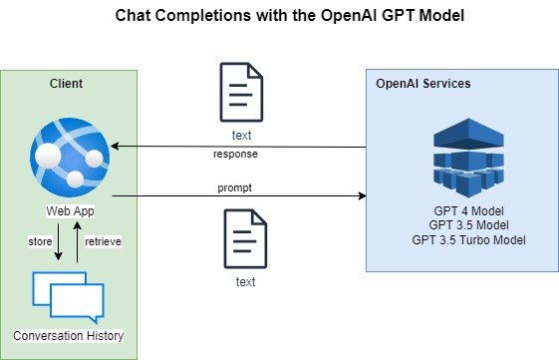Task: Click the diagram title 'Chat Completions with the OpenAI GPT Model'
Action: (290, 16)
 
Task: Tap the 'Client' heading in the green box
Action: (67, 84)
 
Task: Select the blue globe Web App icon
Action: (70, 158)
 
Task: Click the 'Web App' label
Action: (70, 210)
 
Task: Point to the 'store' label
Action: (40, 241)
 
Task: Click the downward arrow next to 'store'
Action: (59, 242)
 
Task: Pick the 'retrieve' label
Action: (103, 241)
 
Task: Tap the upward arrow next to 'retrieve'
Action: (77, 242)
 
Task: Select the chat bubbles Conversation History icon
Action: (68, 297)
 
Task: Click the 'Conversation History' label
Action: (69, 336)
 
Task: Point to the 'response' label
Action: (235, 155)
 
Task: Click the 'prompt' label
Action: (234, 188)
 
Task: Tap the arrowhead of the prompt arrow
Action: (363, 195)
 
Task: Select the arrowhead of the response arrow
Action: (115, 146)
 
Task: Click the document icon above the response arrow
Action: (241, 92)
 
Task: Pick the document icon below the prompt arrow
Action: (245, 238)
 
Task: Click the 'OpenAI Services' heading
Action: (423, 84)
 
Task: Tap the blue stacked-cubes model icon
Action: (468, 158)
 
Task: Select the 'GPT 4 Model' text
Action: (468, 210)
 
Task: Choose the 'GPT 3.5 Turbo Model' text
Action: (468, 239)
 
